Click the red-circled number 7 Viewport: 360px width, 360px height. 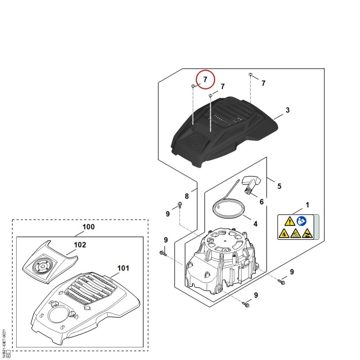point(205,80)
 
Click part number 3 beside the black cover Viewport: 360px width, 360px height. point(288,110)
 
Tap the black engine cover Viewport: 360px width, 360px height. point(224,131)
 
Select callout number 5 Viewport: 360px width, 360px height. point(279,186)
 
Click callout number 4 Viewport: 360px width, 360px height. point(255,224)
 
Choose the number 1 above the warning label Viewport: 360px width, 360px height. point(307,205)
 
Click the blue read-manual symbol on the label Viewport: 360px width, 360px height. point(301,221)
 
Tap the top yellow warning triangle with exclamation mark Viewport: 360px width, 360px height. point(290,221)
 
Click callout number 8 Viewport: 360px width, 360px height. point(187,196)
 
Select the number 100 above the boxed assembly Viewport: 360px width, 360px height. point(88,227)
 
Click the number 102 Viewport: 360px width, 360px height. point(80,245)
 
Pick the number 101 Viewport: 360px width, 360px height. point(123,268)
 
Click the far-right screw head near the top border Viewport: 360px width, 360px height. point(250,74)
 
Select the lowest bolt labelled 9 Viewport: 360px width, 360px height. point(246,304)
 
